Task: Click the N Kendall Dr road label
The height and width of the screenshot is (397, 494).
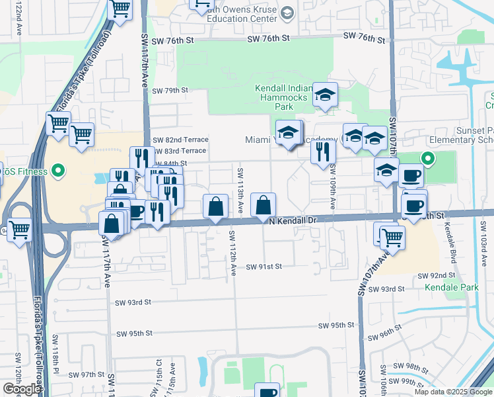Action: [x=293, y=221]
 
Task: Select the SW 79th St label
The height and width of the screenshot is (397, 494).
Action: [x=170, y=90]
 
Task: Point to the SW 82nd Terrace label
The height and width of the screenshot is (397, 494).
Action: [x=180, y=140]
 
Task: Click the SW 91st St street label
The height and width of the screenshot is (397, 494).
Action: [x=264, y=267]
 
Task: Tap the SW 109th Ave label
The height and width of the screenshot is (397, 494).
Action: [x=332, y=188]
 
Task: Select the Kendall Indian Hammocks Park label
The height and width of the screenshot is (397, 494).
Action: [x=283, y=97]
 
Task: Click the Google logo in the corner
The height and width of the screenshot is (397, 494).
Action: [x=22, y=389]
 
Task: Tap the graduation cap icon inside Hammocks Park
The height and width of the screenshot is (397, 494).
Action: [x=325, y=95]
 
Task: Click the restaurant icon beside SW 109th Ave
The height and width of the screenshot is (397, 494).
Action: [x=323, y=152]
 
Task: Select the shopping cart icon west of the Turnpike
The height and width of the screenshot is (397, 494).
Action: [x=19, y=230]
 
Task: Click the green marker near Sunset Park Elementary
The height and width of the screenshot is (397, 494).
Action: [x=427, y=158]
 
